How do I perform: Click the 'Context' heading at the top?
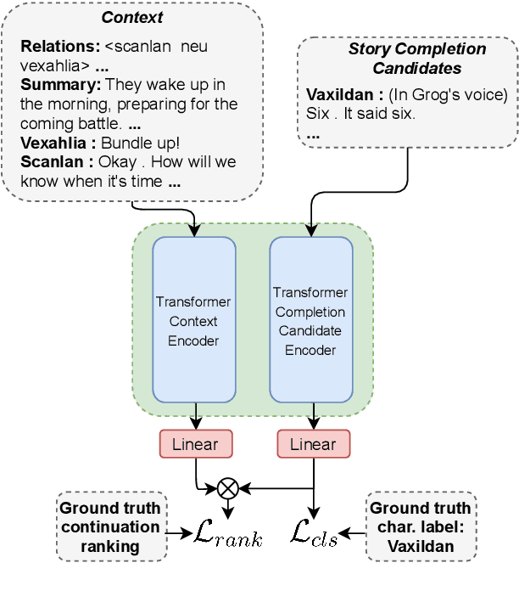click(x=131, y=17)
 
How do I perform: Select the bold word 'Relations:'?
click(x=55, y=46)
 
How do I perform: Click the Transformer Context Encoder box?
click(x=194, y=321)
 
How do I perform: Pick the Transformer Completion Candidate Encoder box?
click(x=310, y=321)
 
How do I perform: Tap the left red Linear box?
click(x=195, y=444)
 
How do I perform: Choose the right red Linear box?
click(x=313, y=444)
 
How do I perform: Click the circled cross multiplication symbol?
click(x=227, y=487)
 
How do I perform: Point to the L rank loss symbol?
click(x=229, y=534)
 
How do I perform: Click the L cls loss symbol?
click(x=314, y=534)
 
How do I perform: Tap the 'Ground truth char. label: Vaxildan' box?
click(x=421, y=526)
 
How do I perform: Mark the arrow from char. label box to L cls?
click(x=354, y=533)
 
